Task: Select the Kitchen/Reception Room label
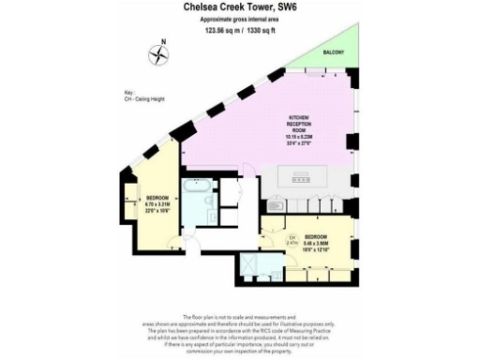pyautogui.click(x=295, y=127)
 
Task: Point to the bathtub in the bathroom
pyautogui.click(x=197, y=200)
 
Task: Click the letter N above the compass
pyautogui.click(x=163, y=40)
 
